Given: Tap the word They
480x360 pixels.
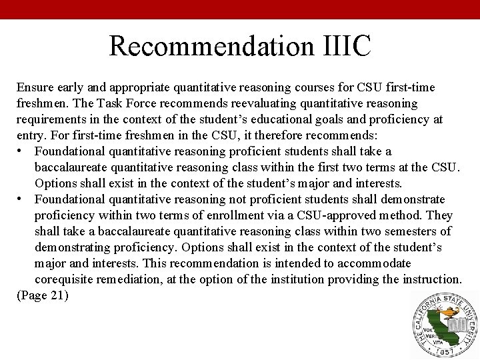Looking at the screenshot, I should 440,215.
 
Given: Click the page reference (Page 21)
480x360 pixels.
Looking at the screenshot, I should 42,295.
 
